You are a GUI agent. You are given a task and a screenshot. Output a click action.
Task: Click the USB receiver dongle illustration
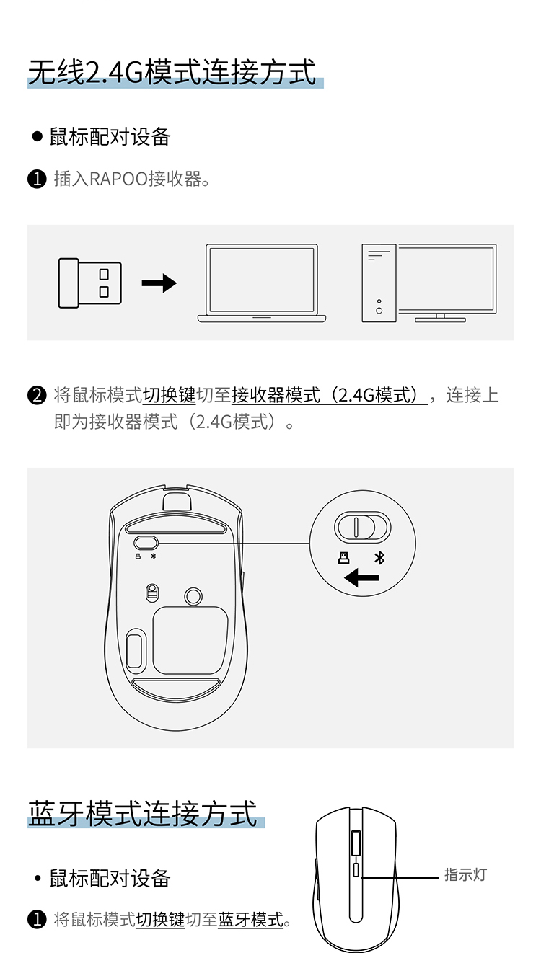pos(90,283)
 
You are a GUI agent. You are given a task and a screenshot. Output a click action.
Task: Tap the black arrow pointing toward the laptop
pos(159,283)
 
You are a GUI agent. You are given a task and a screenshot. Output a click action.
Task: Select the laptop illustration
pos(262,283)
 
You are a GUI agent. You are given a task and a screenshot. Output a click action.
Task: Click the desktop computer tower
pos(379,283)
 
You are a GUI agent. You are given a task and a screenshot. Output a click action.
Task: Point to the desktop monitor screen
pos(447,279)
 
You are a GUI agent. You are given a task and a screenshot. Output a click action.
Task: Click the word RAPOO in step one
pos(118,179)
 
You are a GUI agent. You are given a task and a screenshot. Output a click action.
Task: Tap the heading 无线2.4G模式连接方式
pos(172,72)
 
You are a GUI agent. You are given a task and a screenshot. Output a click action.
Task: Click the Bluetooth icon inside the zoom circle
pos(379,558)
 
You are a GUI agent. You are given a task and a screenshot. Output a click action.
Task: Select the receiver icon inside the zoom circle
pos(343,558)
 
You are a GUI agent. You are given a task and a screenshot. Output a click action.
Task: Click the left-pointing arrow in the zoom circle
pos(361,578)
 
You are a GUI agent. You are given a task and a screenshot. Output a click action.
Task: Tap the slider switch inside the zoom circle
pos(363,527)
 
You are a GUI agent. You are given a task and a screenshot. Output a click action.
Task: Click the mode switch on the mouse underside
pos(146,543)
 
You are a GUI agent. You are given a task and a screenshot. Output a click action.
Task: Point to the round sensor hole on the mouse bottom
pos(193,595)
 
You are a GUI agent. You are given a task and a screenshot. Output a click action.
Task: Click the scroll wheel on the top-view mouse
pos(356,843)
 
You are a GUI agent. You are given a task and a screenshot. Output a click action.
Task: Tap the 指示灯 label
pos(466,874)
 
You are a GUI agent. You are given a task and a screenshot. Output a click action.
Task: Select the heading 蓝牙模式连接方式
pos(143,813)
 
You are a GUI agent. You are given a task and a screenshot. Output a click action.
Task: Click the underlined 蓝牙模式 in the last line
pos(251,920)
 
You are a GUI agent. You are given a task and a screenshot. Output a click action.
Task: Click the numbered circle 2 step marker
pos(37,395)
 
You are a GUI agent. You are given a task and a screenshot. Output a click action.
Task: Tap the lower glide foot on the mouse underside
pos(176,689)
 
